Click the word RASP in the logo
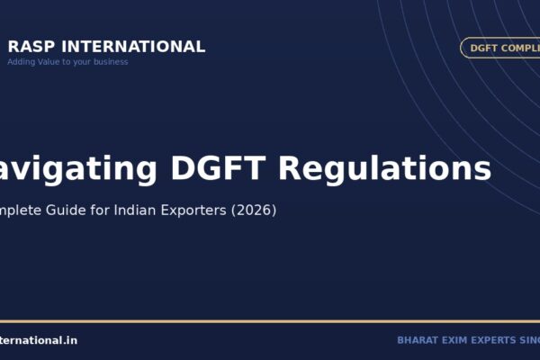tap(28, 47)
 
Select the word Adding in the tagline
tap(22, 62)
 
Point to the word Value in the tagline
tap(49, 62)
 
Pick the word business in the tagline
tap(112, 62)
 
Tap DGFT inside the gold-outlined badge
tap(485, 48)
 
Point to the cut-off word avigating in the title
tap(75, 168)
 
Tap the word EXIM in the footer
tap(456, 340)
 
